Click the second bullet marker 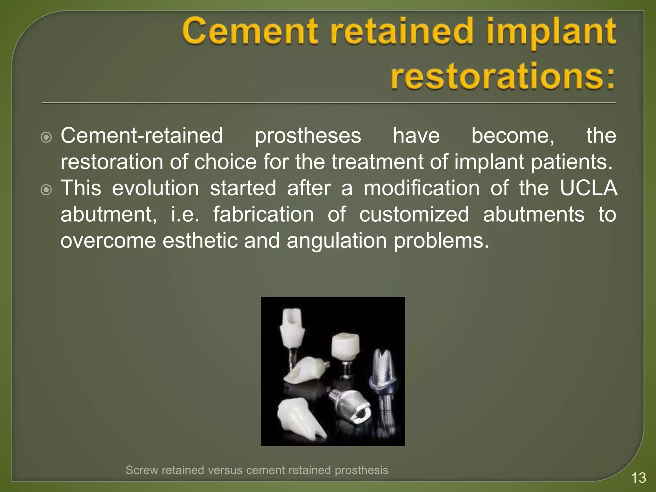click(x=46, y=190)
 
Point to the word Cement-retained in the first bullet click(x=142, y=136)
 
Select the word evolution click(x=155, y=188)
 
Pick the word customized click(x=414, y=214)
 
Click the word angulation click(x=337, y=241)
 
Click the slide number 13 click(x=638, y=478)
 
